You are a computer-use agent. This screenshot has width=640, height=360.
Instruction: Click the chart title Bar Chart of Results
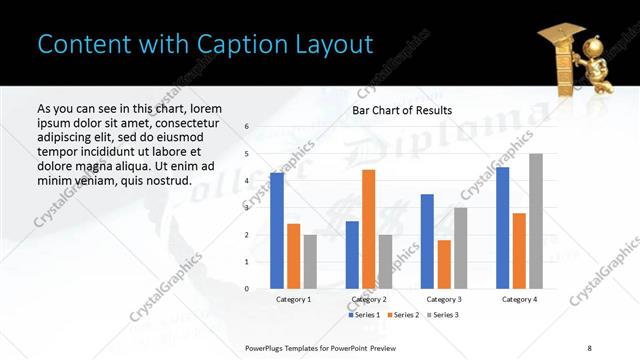[x=402, y=110]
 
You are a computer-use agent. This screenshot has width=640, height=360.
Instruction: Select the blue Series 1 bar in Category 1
[x=277, y=230]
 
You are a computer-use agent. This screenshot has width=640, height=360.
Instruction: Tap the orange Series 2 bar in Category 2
[x=368, y=229]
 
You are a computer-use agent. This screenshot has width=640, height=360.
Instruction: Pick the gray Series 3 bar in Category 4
[x=536, y=221]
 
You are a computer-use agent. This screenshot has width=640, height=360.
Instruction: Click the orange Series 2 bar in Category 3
[x=444, y=264]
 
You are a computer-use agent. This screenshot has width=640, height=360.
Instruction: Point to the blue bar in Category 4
[x=502, y=227]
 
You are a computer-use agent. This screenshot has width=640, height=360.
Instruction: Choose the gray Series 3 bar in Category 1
[x=310, y=261]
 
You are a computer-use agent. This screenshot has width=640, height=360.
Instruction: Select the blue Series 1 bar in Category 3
[x=427, y=241]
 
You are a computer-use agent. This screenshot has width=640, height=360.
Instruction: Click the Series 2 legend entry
[x=403, y=315]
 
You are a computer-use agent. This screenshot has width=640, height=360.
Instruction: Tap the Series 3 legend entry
[x=445, y=315]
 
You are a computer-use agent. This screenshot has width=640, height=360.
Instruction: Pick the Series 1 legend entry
[x=362, y=315]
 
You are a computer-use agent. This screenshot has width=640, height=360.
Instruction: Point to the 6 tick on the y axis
[x=247, y=127]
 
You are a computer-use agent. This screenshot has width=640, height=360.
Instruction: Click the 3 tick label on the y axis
[x=247, y=207]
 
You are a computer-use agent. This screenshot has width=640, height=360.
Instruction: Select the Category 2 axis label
[x=369, y=299]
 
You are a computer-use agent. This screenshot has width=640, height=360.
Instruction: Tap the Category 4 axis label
[x=519, y=299]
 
